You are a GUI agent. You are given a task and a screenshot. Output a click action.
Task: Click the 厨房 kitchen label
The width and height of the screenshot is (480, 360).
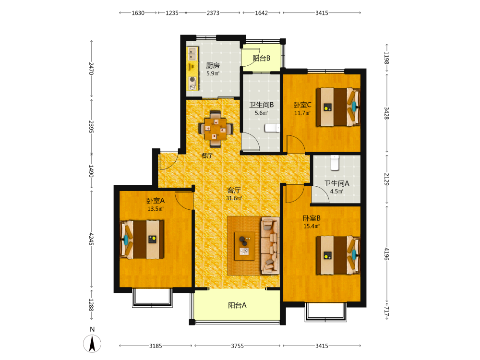(x=213, y=65)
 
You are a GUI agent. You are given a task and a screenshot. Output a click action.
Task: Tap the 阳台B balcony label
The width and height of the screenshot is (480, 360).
(x=262, y=58)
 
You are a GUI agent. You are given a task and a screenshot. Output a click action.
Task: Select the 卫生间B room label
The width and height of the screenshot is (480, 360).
(x=262, y=105)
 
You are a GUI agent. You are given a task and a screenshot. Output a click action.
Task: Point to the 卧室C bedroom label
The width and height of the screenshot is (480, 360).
(x=302, y=105)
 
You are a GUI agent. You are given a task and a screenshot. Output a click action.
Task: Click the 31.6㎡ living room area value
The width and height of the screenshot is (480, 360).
(x=234, y=198)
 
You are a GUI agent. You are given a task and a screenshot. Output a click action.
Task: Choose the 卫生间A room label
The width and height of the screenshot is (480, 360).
(x=337, y=183)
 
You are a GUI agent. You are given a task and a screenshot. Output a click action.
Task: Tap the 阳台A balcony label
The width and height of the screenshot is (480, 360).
(x=237, y=305)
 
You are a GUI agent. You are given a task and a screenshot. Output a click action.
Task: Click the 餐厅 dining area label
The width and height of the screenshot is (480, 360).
(x=207, y=156)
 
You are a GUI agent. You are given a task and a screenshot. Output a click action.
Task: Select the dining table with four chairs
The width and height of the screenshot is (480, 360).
(x=216, y=129)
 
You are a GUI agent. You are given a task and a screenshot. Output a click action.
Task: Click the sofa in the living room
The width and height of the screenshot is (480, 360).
(x=270, y=245)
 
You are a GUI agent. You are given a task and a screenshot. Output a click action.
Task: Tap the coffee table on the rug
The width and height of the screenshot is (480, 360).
(x=245, y=246)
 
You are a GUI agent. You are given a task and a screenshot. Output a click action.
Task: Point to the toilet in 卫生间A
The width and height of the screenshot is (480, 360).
(x=335, y=163)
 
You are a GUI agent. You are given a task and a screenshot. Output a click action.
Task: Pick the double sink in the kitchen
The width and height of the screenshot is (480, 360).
(x=192, y=54)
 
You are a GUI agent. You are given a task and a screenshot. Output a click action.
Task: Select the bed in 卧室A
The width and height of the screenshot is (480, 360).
(x=142, y=240)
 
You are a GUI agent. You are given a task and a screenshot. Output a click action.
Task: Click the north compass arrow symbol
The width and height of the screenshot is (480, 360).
(x=92, y=344)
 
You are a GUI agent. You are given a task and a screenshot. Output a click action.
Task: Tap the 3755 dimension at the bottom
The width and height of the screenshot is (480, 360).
(x=237, y=346)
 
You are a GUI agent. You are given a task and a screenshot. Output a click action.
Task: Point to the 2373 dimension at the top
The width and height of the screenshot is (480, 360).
(x=213, y=13)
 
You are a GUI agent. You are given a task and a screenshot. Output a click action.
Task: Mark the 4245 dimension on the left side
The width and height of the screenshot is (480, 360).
(x=91, y=239)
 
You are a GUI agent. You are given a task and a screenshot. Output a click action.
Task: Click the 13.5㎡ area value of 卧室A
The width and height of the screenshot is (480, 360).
(x=156, y=209)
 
